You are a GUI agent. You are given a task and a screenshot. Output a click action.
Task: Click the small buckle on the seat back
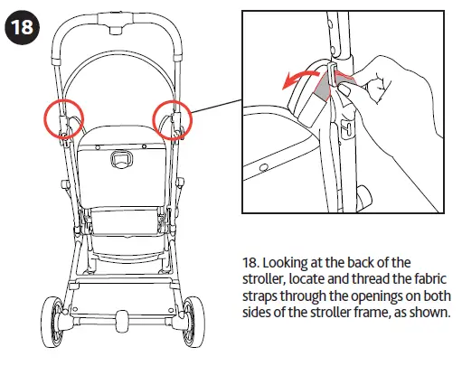pyautogui.click(x=118, y=159)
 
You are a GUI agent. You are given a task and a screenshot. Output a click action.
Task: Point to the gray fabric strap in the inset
pyautogui.click(x=323, y=87)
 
